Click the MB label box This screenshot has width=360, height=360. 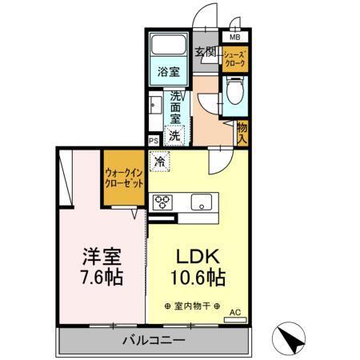[235, 37]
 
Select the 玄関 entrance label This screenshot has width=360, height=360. [206, 53]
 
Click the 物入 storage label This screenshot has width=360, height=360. [242, 130]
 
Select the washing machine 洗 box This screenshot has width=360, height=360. [175, 135]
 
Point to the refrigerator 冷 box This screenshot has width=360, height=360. [161, 162]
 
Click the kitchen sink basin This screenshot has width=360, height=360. [200, 202]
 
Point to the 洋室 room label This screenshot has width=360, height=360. [102, 258]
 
